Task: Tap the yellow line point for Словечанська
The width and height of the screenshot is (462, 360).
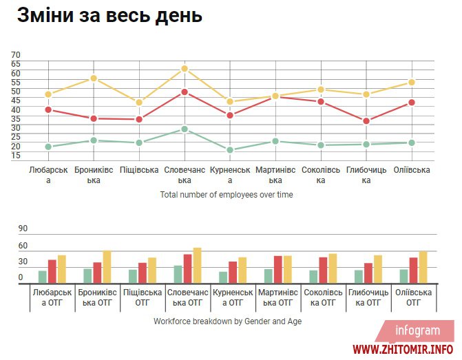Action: click(185, 69)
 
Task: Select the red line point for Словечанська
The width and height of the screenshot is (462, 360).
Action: click(185, 92)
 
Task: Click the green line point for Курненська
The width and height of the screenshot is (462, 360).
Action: click(230, 150)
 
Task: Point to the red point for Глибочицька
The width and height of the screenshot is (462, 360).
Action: click(366, 121)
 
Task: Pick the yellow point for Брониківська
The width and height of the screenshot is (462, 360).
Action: click(94, 78)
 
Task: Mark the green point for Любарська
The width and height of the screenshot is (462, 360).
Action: click(48, 147)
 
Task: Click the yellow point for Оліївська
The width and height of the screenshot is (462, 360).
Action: click(412, 83)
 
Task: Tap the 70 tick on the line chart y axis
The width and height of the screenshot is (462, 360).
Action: click(16, 55)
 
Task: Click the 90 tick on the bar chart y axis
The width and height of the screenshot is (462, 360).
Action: click(23, 229)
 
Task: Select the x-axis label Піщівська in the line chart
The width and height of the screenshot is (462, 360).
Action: click(139, 170)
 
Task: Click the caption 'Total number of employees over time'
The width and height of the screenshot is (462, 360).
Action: click(227, 195)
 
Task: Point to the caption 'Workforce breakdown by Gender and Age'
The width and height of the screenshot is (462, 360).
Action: click(228, 321)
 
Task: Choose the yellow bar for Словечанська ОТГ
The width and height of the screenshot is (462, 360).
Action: click(198, 265)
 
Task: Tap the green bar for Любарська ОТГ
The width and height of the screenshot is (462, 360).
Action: click(43, 276)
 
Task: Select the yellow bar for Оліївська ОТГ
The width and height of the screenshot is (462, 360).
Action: click(423, 266)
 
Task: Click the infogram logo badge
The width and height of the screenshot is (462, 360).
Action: click(418, 331)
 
